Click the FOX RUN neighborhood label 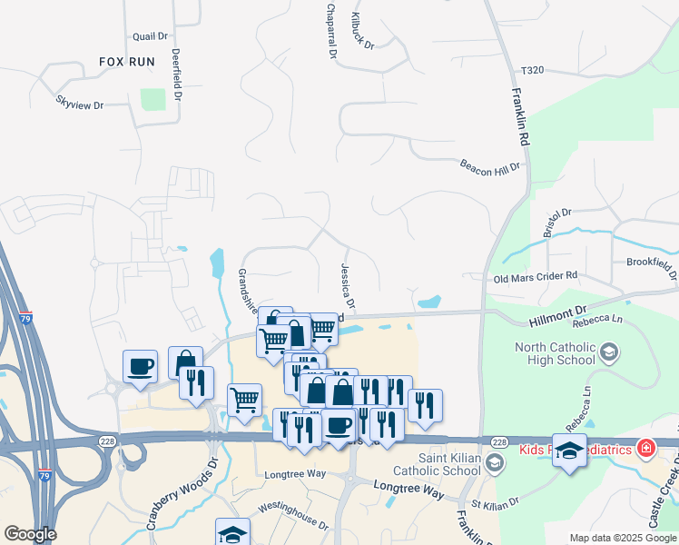[x=127, y=62]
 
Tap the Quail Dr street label [x=151, y=36]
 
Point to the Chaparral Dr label [x=330, y=31]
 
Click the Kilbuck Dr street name [x=361, y=31]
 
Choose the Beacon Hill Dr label [x=490, y=167]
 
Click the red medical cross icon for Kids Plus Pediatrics [x=645, y=449]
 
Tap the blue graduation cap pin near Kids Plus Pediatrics [x=569, y=450]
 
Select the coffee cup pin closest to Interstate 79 [x=140, y=367]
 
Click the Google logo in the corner [x=30, y=534]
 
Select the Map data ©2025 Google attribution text [x=622, y=538]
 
